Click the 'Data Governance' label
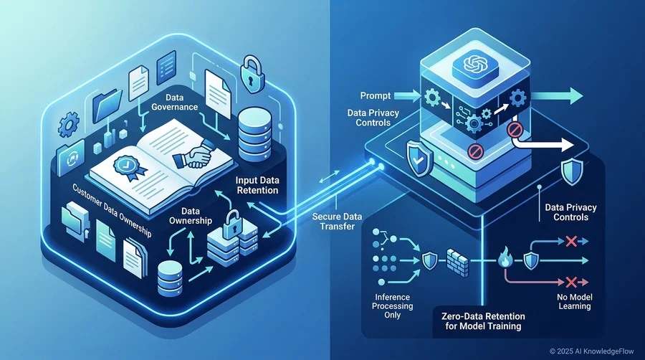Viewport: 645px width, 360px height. coord(174,102)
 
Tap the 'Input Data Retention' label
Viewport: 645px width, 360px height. coord(257,185)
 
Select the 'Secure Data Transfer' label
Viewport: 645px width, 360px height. coord(337,222)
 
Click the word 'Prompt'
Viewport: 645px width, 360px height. coord(375,95)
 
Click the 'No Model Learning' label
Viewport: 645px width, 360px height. coord(575,302)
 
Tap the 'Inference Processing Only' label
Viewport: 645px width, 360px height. coord(393,306)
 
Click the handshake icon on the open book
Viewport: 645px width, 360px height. coord(193,154)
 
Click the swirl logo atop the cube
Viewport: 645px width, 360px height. coord(475,65)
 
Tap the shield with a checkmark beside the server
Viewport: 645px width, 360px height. coord(419,158)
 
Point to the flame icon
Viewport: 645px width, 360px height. coord(504,258)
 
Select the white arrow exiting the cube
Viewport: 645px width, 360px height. coord(542,142)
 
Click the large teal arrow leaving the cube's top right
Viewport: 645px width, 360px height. coord(558,96)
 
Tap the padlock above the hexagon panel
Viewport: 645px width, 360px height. coord(251,72)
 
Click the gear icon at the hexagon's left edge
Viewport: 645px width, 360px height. coord(68,124)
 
